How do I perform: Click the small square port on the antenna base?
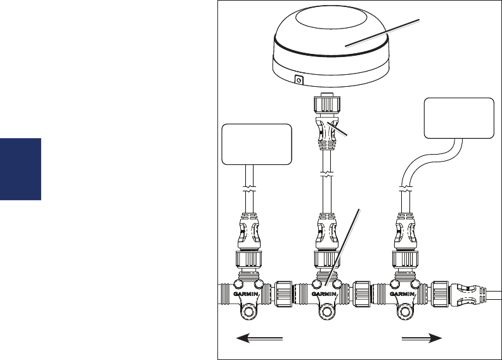[x=299, y=80]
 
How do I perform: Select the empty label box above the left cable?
[x=257, y=144]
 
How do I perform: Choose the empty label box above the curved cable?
[x=460, y=118]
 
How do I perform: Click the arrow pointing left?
[x=260, y=339]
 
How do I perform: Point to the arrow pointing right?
[x=422, y=339]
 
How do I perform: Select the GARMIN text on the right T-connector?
[x=404, y=294]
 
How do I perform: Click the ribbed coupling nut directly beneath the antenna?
[x=325, y=103]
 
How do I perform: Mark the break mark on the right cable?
[x=404, y=187]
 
